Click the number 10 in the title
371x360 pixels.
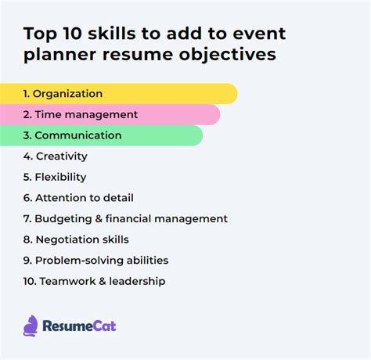coord(72,34)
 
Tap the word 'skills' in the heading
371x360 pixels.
coord(112,34)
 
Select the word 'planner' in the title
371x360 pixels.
coord(59,55)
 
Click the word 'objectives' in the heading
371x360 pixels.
coord(227,54)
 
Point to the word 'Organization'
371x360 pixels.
coord(67,94)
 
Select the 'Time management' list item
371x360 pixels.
coord(81,114)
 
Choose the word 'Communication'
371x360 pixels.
coord(78,135)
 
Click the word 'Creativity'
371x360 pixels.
coord(62,157)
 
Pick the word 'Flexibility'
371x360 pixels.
coord(60,177)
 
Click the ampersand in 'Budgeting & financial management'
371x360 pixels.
coord(99,219)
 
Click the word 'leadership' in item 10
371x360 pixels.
coord(137,281)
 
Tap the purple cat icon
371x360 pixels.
coord(31,326)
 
